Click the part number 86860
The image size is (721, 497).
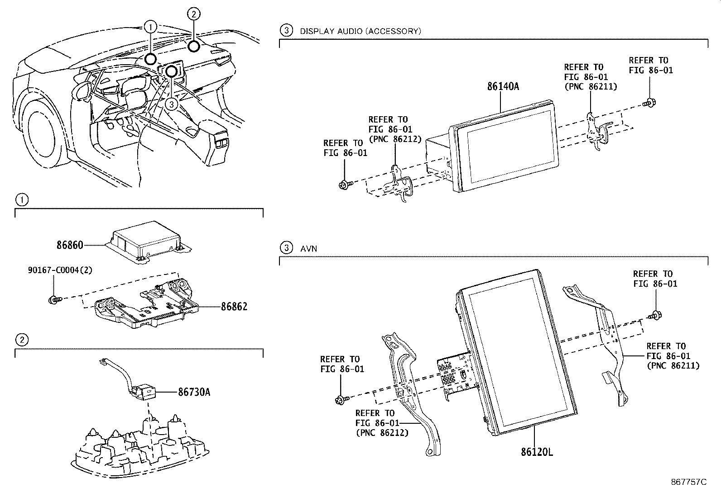[x=70, y=245]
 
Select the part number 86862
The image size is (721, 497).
[x=234, y=307]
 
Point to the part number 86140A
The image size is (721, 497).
[x=503, y=86]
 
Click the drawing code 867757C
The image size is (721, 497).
[x=688, y=482]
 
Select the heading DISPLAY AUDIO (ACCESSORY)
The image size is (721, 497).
[x=360, y=31]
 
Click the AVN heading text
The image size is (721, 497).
[x=308, y=248]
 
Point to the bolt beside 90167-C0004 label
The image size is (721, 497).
[x=53, y=299]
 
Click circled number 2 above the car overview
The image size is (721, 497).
[x=193, y=14]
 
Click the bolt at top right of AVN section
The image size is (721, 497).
[x=655, y=315]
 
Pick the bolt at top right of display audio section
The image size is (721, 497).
[x=649, y=102]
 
